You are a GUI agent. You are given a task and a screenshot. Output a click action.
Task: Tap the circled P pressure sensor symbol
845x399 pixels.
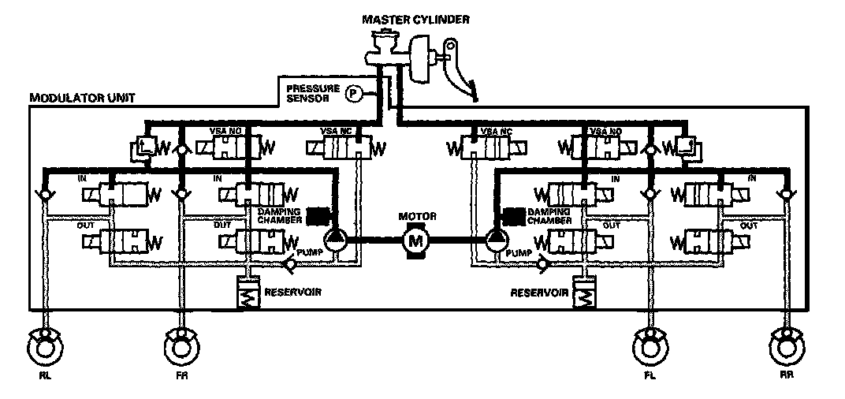[x=354, y=95]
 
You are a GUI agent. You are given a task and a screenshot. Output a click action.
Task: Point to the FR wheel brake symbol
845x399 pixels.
[x=182, y=345]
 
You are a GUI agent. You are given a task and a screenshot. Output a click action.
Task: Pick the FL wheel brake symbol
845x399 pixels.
[x=651, y=345]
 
